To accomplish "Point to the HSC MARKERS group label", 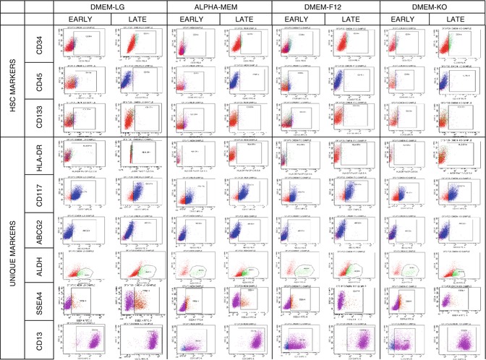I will click(12, 81).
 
